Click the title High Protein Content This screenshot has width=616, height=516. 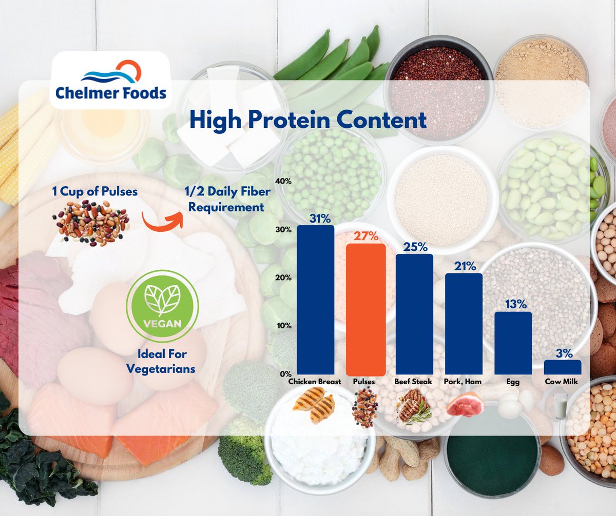(x=307, y=120)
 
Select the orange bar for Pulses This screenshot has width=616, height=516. (x=365, y=309)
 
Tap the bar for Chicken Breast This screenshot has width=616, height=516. (x=316, y=300)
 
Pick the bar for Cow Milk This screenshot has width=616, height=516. (x=563, y=367)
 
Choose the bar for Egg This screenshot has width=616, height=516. (x=513, y=343)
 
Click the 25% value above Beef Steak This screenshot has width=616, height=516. (x=415, y=247)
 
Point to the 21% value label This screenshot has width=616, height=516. (x=464, y=266)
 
